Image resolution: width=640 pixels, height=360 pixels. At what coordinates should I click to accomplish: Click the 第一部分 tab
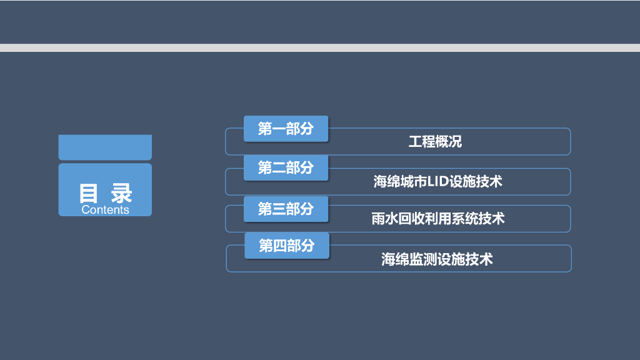(x=286, y=129)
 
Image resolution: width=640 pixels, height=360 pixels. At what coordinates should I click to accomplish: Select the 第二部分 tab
(x=286, y=167)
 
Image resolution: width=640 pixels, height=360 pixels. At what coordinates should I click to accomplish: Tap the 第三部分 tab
(x=286, y=209)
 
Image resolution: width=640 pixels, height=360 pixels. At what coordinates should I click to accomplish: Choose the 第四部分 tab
(x=287, y=246)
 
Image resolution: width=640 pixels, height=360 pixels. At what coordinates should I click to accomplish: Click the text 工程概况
(x=435, y=142)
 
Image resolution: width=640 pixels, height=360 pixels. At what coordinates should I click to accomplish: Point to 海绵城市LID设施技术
(x=437, y=182)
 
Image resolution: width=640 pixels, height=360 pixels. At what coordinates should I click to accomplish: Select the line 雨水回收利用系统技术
(x=437, y=219)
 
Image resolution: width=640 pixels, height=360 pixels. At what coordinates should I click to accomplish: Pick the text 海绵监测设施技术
(x=437, y=259)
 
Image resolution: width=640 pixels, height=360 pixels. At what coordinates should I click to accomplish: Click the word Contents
(x=105, y=210)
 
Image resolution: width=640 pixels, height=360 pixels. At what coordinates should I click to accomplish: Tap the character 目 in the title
(x=89, y=193)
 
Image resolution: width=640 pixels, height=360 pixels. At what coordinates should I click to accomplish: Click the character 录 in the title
(x=122, y=193)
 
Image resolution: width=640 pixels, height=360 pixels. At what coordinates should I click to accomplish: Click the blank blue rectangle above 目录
(x=105, y=147)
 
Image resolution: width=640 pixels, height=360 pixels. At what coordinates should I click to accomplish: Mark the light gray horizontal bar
(x=320, y=47)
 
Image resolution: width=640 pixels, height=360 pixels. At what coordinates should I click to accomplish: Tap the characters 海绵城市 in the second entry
(x=400, y=182)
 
